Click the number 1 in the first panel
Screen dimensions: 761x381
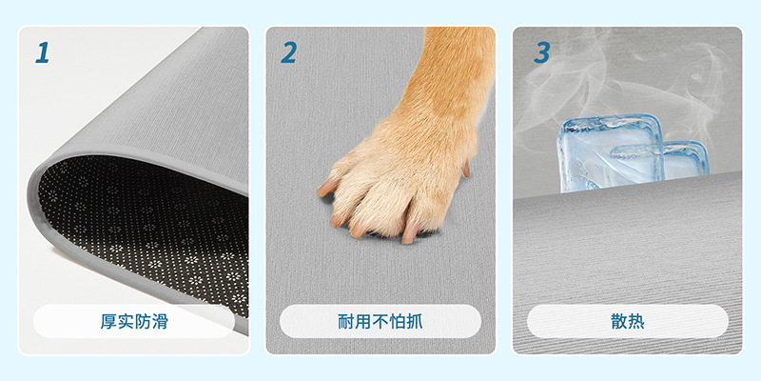(x=43, y=52)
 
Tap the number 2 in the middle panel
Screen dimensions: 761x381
(x=289, y=52)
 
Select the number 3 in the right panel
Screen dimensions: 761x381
(x=542, y=52)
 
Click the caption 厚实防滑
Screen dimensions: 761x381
(x=134, y=321)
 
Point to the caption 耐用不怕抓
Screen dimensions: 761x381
(x=380, y=321)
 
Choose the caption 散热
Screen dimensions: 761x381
(x=628, y=321)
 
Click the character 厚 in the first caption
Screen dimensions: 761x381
(x=108, y=321)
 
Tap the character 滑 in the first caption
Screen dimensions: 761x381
(x=160, y=321)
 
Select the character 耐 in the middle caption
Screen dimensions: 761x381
(x=346, y=321)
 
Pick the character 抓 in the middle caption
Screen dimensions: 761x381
(x=415, y=321)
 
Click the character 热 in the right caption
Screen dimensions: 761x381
(x=636, y=321)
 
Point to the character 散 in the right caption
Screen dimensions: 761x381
(x=619, y=321)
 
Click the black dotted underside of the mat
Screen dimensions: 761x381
(x=141, y=219)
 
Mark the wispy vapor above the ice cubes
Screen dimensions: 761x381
(x=626, y=78)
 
